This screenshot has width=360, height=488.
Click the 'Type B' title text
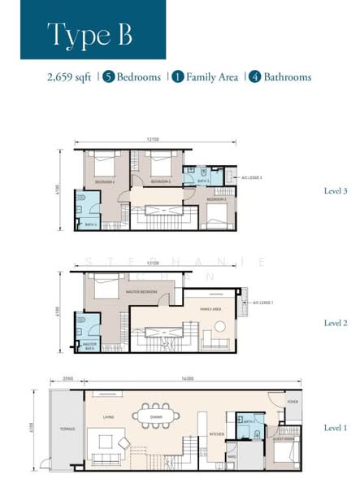click(89, 34)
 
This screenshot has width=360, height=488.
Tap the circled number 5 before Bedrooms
click(109, 77)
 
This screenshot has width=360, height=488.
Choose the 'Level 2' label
click(336, 323)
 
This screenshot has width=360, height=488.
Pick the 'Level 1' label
click(336, 427)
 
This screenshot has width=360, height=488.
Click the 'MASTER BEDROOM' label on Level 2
click(140, 292)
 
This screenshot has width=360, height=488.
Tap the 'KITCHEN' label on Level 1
click(216, 435)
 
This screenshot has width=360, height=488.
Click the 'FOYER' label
click(293, 402)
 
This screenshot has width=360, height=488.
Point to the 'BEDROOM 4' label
click(105, 181)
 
